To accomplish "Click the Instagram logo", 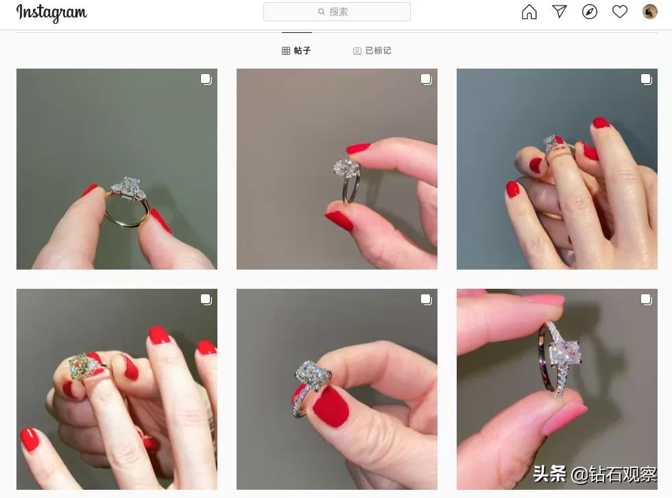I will [51, 12].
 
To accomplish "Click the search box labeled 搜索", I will [337, 12].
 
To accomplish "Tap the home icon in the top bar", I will [529, 12].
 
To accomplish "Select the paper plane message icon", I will [560, 12].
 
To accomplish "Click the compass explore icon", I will [589, 12].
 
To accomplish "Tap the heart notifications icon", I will [619, 12].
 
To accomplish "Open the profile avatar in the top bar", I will [649, 12].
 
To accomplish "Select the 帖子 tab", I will [296, 51].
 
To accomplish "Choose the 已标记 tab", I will [372, 51].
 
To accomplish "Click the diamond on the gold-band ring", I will [127, 186].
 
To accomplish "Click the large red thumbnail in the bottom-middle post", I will [331, 406].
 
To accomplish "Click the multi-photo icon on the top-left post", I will [206, 80].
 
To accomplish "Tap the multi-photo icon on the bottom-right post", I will [646, 300].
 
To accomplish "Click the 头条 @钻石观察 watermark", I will [595, 473].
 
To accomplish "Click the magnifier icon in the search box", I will [321, 12].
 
